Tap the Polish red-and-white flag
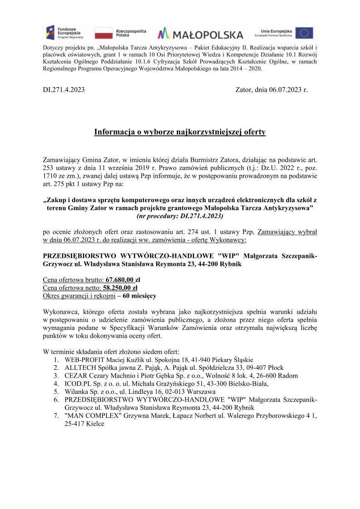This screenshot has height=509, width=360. [103, 33]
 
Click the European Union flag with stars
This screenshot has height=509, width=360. [304, 33]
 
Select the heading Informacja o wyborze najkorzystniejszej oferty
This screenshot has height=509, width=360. [180, 132]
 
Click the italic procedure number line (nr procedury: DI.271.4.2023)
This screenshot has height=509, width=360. [180, 217]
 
